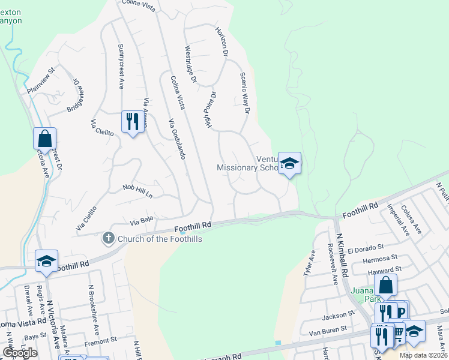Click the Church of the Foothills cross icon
(108, 239)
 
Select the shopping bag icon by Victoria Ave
(45, 139)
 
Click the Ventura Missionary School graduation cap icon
(289, 163)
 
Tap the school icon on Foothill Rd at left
(46, 261)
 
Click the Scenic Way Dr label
(244, 93)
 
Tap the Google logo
(20, 353)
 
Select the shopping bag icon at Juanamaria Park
(385, 285)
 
